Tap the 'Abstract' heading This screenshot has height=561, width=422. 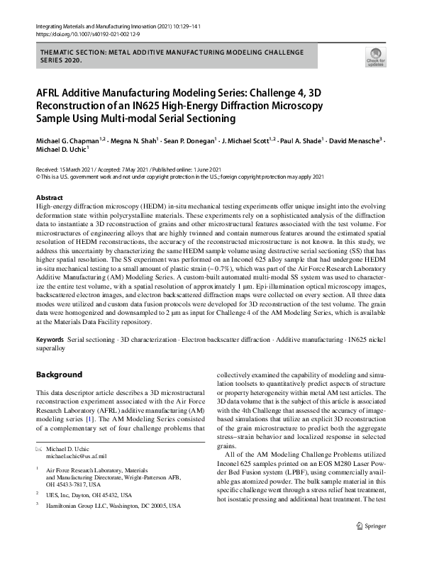click(50, 197)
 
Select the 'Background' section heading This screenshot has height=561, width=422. click(60, 374)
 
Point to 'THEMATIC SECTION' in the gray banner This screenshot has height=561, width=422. click(72, 52)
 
